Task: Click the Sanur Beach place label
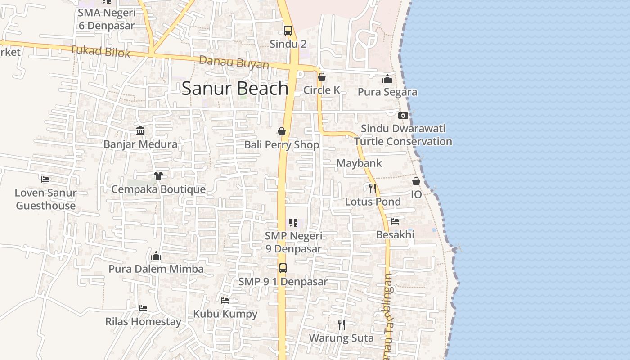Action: tap(234, 88)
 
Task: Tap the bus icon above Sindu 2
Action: tap(288, 31)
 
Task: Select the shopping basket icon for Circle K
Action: tap(321, 77)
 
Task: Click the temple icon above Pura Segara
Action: tap(387, 79)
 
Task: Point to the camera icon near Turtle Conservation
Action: tap(403, 115)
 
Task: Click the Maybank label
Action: tap(359, 163)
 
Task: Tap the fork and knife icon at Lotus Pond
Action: tap(373, 188)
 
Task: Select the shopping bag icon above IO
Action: tap(416, 181)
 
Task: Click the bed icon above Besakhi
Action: tap(395, 221)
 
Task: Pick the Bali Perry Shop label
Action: tap(282, 145)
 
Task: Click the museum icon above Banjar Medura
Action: tap(140, 130)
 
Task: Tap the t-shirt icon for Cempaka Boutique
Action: tap(158, 175)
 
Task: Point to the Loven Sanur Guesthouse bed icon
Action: tap(45, 179)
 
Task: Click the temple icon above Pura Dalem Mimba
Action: tap(156, 256)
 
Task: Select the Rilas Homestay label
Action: tap(143, 322)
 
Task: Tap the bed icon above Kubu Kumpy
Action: tap(225, 300)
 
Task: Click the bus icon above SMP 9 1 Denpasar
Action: tap(283, 268)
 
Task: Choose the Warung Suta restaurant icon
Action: tap(342, 324)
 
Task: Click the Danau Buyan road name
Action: tap(234, 63)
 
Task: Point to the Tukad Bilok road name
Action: tap(100, 51)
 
